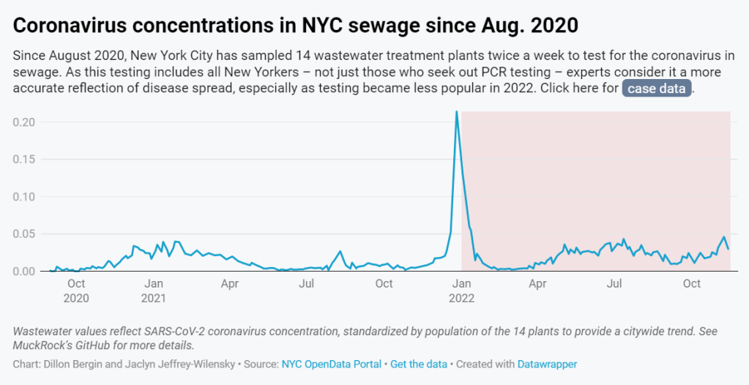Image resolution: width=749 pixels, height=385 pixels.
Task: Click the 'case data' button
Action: [x=657, y=89]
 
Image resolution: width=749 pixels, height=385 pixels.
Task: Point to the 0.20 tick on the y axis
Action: [x=24, y=122]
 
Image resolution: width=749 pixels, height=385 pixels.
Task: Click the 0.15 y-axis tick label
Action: [x=24, y=159]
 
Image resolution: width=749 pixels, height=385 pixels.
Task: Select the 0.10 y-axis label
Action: [x=24, y=196]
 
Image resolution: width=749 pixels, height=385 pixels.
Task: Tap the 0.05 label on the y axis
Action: [x=24, y=233]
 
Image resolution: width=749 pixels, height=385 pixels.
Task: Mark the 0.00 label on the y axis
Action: [x=24, y=272]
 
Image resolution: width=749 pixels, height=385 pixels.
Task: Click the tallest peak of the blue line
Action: [x=457, y=112]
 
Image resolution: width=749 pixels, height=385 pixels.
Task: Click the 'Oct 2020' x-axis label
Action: [x=76, y=291]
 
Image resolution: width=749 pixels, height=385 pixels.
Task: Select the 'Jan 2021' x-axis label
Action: [x=153, y=291]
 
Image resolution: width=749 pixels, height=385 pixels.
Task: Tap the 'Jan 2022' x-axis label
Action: [x=461, y=291]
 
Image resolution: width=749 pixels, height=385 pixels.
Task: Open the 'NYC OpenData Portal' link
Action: [x=331, y=364]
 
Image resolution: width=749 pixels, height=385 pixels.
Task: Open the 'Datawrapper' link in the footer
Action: [x=548, y=364]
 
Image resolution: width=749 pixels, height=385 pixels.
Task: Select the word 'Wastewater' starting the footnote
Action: [x=47, y=331]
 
